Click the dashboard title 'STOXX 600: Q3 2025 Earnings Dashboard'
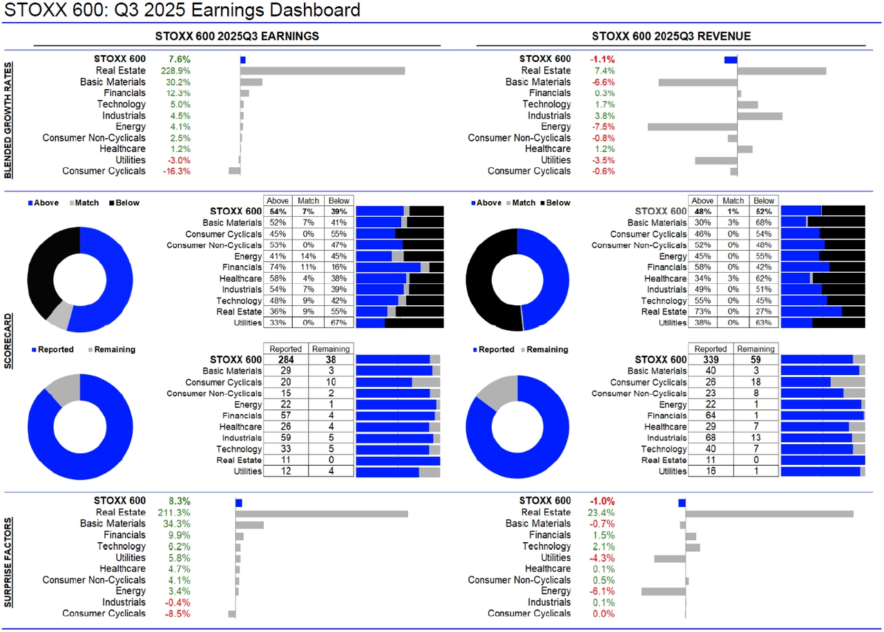click(182, 10)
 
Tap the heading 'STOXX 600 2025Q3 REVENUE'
click(671, 36)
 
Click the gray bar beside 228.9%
click(323, 70)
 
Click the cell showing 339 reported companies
click(711, 360)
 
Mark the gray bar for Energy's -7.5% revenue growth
click(692, 126)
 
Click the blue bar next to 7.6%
click(243, 60)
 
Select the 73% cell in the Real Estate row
click(703, 312)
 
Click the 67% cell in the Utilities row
click(338, 323)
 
